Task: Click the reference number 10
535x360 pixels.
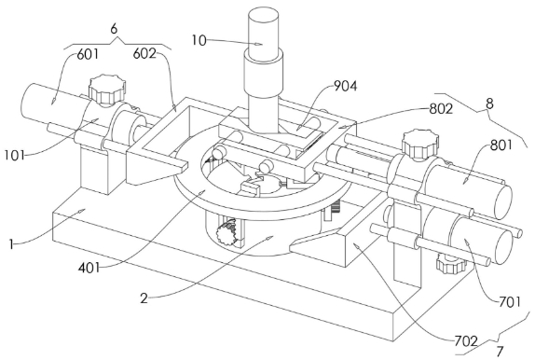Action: coord(199,41)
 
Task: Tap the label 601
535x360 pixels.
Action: coord(88,54)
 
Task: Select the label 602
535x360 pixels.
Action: coord(144,53)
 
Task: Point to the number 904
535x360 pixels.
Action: coord(345,87)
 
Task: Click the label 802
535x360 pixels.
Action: coord(441,108)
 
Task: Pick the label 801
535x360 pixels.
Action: coord(501,145)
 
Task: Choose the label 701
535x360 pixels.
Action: coord(510,302)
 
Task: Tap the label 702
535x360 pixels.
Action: coord(466,340)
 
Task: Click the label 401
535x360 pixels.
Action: coord(89,268)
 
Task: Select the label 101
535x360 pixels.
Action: coord(15,156)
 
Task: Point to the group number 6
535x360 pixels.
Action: coord(114,29)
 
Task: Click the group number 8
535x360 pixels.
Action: coord(489,104)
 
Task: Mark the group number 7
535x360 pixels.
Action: coord(500,352)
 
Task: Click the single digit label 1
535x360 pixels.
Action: coord(11,244)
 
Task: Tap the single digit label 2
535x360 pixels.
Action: coord(144,298)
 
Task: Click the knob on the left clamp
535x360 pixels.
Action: coord(107,90)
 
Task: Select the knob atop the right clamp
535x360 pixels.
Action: coord(419,143)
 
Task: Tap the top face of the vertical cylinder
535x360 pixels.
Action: coord(263,16)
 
